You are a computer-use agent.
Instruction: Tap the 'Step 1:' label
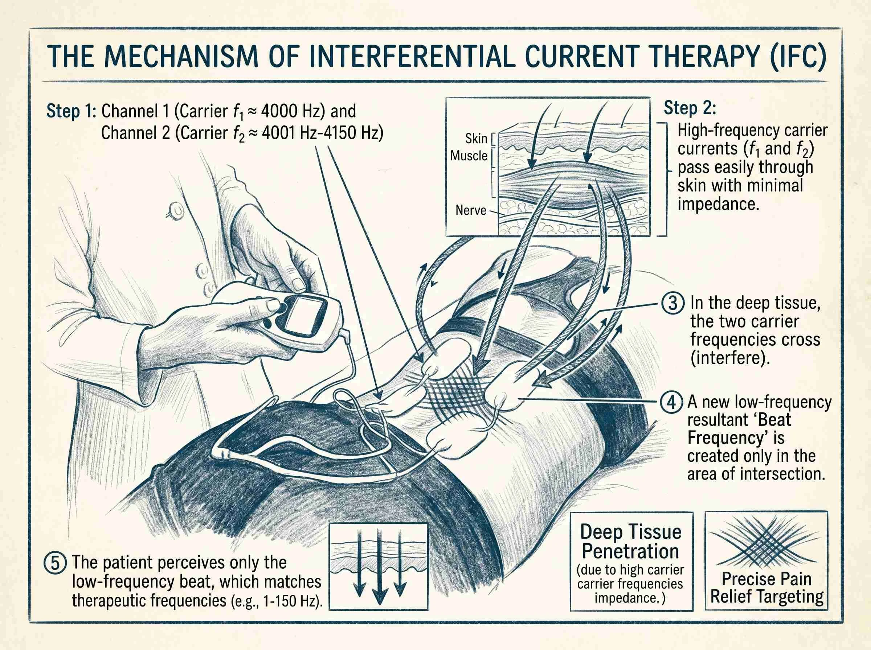click(x=71, y=111)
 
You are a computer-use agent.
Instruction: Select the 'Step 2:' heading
click(x=690, y=108)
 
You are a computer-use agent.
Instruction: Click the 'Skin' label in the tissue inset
click(x=476, y=139)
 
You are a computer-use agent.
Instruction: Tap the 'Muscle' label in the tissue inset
click(x=469, y=156)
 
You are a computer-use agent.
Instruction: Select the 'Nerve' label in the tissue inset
click(x=471, y=210)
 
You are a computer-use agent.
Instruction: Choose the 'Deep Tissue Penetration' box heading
click(x=630, y=542)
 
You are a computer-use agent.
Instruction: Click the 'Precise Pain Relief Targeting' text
click(x=767, y=588)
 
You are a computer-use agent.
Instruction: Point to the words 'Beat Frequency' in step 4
click(x=740, y=429)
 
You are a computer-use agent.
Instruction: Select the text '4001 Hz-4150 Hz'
click(x=322, y=133)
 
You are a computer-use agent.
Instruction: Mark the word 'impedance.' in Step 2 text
click(x=718, y=204)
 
